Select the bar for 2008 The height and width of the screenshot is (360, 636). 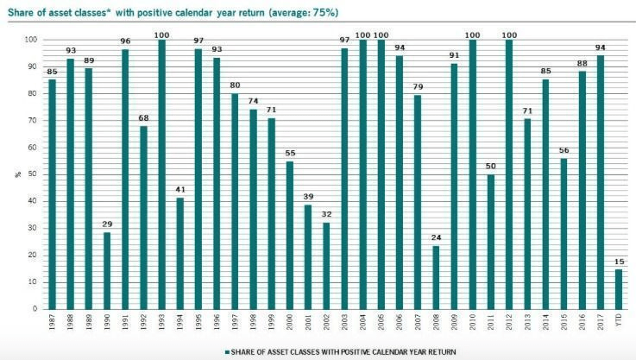pos(435,277)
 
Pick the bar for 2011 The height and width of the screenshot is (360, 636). pos(490,242)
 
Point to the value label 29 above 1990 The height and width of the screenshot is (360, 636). pos(107,224)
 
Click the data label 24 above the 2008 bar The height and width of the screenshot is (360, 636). pos(435,237)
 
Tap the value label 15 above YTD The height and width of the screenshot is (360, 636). pos(618,262)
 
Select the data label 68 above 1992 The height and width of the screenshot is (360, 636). pos(144,118)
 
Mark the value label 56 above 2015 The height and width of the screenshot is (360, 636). pos(564,150)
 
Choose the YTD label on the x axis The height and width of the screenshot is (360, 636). pos(618,322)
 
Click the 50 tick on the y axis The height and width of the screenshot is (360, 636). pos(31,174)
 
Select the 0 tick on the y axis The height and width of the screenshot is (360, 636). pos(34,308)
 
